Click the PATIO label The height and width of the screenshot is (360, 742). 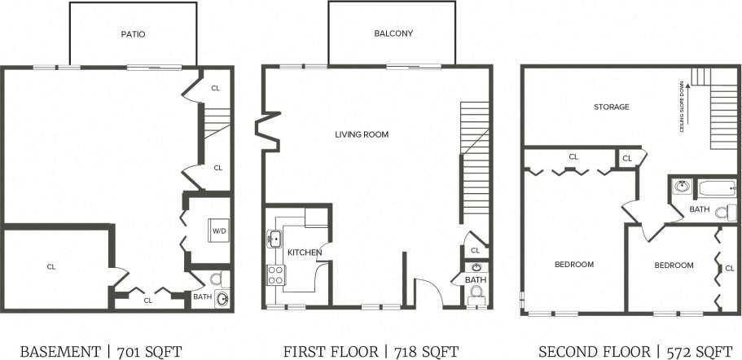tap(133, 34)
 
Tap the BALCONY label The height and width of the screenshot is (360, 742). tap(393, 34)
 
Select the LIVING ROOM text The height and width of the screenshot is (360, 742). tap(362, 134)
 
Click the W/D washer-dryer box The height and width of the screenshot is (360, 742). tap(220, 231)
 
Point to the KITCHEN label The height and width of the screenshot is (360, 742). tap(305, 252)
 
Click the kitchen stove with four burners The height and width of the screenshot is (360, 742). tap(274, 275)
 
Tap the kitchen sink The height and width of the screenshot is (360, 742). tap(274, 239)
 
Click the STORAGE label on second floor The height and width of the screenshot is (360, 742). tap(611, 107)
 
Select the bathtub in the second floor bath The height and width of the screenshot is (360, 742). tap(718, 189)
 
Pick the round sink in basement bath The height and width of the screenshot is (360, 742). tap(222, 298)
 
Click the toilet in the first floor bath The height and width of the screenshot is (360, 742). tap(477, 292)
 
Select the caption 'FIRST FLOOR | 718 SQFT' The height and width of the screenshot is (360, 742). tap(371, 351)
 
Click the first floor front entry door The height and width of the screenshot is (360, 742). tap(427, 289)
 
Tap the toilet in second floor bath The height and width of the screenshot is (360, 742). tap(720, 213)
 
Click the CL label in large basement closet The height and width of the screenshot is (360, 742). tap(50, 266)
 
